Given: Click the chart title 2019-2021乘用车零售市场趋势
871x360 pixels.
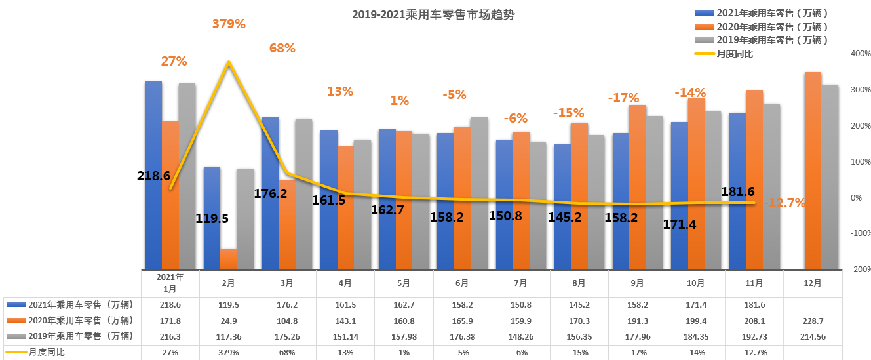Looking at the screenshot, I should (x=433, y=15).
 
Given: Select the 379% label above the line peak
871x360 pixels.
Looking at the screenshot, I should (x=229, y=24).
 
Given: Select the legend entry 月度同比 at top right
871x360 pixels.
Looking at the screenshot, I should (x=734, y=53).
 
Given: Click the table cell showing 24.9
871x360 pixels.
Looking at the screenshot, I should (x=229, y=321).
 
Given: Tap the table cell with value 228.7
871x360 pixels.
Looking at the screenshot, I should (x=812, y=321).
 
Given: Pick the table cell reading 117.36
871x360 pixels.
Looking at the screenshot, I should (x=229, y=336).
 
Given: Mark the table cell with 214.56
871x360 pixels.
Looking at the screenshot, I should (x=812, y=336).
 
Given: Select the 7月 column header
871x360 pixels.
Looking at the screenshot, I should (x=520, y=283).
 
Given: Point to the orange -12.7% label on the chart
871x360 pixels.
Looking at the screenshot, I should (x=783, y=203).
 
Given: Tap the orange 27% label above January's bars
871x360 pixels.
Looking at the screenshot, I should (x=174, y=62).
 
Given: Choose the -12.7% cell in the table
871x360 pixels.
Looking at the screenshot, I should (x=754, y=352).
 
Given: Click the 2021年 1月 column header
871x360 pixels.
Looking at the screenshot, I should (x=170, y=283).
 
